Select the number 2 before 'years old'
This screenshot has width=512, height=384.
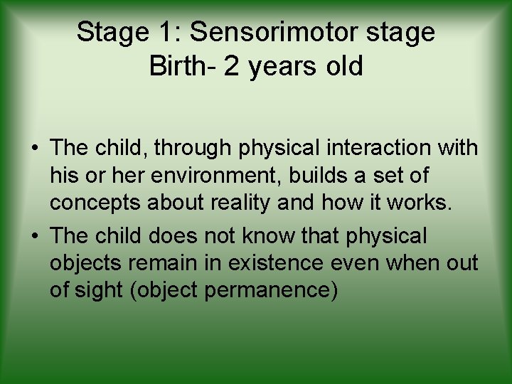pos(231,66)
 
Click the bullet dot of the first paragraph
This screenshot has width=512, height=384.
pos(34,149)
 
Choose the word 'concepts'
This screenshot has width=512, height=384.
pos(95,202)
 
